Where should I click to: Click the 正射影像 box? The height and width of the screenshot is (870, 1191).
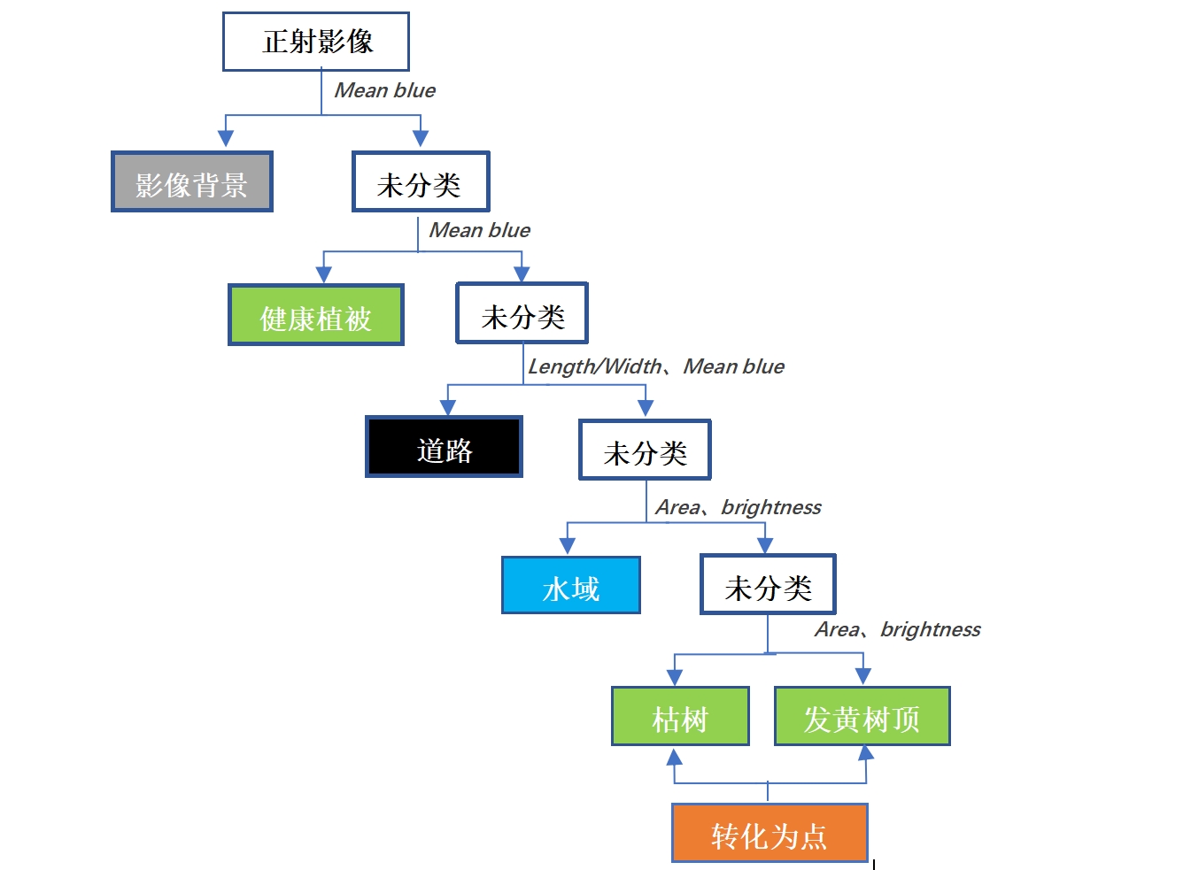click(x=316, y=42)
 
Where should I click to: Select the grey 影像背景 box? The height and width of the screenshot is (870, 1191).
click(x=192, y=182)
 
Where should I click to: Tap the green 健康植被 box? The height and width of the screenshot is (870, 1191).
click(x=316, y=315)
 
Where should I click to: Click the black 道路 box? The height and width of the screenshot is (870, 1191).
click(x=445, y=447)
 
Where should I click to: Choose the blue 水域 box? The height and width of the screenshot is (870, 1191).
click(x=571, y=586)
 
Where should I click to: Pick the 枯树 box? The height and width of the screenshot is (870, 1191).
click(x=680, y=717)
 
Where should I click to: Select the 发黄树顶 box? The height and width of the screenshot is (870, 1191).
click(x=862, y=717)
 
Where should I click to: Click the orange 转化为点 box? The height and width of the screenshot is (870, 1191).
click(x=770, y=833)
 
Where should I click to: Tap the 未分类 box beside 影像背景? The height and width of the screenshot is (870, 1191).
click(x=421, y=182)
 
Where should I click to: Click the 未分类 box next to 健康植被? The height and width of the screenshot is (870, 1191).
click(x=522, y=313)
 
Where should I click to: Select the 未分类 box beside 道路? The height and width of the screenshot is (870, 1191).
click(x=645, y=450)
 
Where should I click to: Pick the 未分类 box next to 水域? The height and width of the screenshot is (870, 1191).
click(x=768, y=585)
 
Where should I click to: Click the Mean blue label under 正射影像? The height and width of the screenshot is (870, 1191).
click(x=385, y=90)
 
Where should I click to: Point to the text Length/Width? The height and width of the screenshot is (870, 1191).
click(x=595, y=366)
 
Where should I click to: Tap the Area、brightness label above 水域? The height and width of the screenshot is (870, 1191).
click(x=738, y=507)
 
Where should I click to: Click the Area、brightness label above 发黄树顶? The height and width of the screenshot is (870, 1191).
click(x=897, y=629)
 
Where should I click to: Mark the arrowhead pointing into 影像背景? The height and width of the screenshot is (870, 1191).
click(x=226, y=138)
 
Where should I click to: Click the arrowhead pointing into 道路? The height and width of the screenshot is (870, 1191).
click(x=448, y=406)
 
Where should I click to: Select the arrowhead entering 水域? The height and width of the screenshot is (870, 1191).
click(x=568, y=546)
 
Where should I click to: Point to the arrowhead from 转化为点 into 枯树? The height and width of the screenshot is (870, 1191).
click(x=675, y=757)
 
